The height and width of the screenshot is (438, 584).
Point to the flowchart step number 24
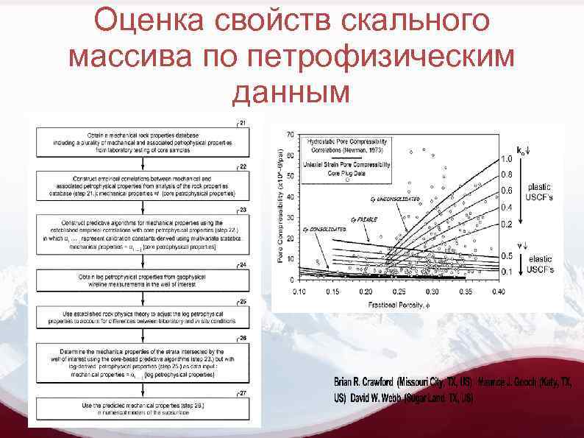(x=243, y=264)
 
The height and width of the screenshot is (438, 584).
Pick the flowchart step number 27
(x=243, y=393)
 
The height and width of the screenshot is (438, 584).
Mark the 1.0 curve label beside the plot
(x=507, y=159)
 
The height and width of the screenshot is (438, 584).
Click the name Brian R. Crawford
(x=363, y=383)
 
